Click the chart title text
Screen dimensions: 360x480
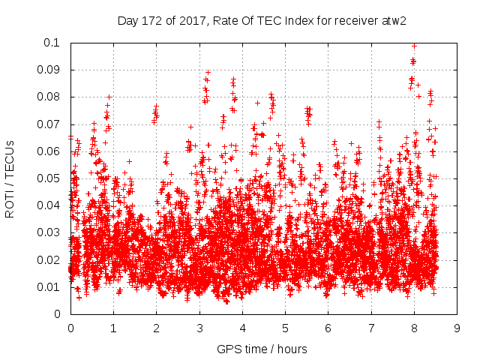(262, 21)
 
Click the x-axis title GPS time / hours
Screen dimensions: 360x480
(262, 349)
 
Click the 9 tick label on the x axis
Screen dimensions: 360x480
(456, 328)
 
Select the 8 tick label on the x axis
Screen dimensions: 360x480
(413, 328)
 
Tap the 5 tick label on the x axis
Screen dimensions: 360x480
(285, 328)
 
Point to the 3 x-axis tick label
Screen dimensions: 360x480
(199, 328)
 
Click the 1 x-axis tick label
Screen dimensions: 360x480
(113, 328)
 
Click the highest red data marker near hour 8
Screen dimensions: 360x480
(414, 46)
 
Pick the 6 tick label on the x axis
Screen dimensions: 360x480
(328, 328)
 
